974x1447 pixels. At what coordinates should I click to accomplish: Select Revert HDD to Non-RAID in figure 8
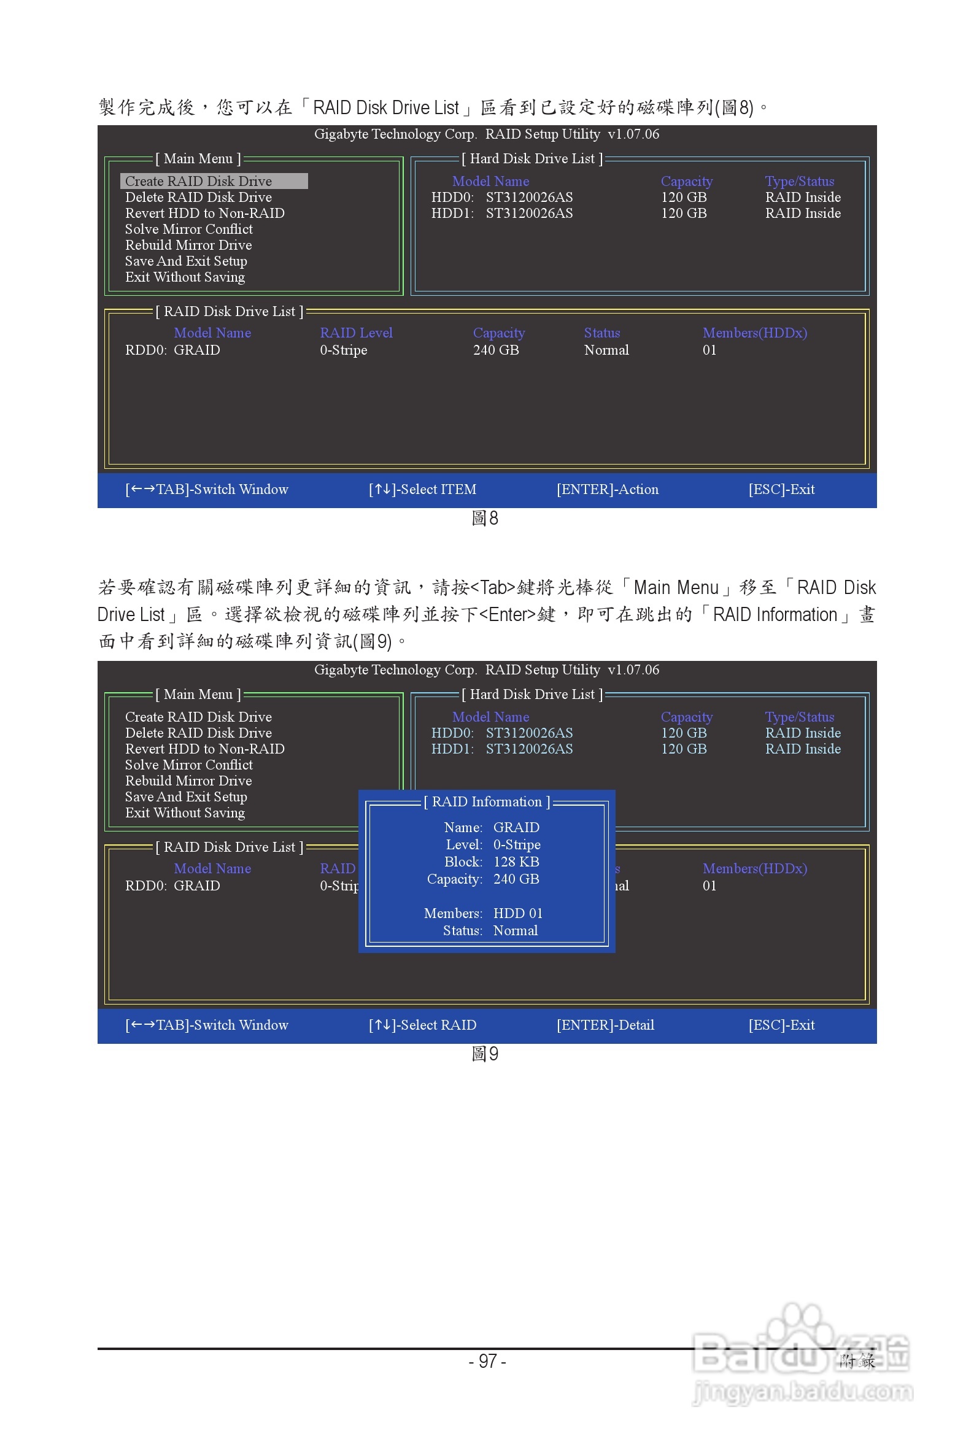click(x=204, y=213)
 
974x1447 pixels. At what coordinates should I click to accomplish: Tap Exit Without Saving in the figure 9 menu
click(x=185, y=812)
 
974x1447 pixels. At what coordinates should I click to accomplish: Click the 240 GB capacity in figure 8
click(x=496, y=350)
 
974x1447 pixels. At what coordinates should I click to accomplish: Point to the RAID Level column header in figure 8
click(x=356, y=333)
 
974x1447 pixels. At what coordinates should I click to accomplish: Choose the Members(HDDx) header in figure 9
click(x=754, y=868)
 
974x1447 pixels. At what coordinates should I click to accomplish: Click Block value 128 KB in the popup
click(x=516, y=862)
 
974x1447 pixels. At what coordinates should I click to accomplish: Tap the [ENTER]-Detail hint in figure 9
click(x=605, y=1025)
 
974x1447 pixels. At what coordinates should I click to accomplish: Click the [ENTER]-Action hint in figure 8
click(x=607, y=489)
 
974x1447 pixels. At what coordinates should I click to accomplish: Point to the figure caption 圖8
click(x=484, y=518)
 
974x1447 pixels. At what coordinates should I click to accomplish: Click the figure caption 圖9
click(x=484, y=1053)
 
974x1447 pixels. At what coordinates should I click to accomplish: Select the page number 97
click(x=488, y=1361)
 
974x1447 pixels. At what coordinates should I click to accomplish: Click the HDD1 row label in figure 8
click(x=452, y=213)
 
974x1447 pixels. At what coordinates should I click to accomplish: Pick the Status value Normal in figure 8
click(x=606, y=350)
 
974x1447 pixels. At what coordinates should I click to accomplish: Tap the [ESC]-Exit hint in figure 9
click(x=781, y=1025)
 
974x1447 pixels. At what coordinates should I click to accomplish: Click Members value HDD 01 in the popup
click(x=517, y=913)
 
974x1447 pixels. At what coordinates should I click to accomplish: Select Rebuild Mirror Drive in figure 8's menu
click(x=188, y=245)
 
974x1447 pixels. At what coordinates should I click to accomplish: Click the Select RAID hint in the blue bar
click(x=422, y=1025)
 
